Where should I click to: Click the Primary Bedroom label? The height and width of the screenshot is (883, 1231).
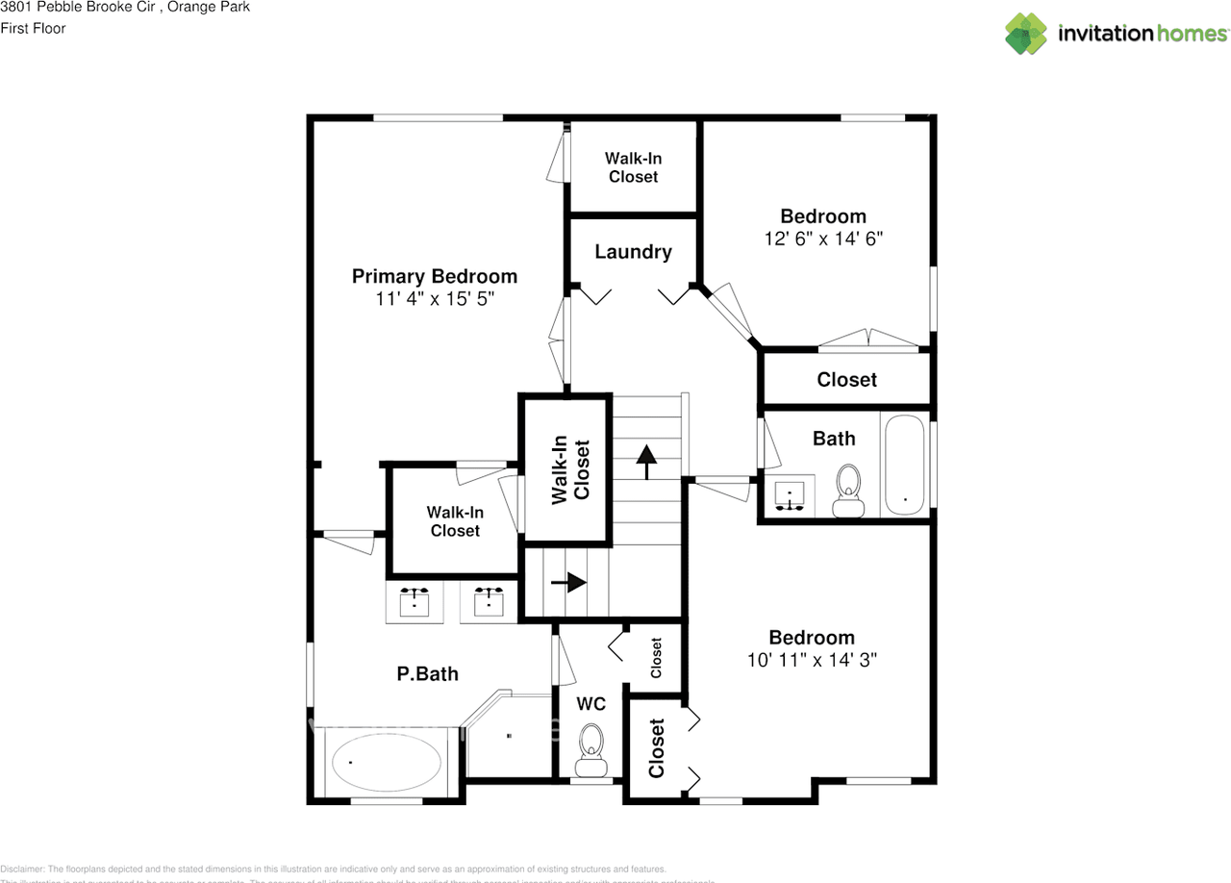[434, 276]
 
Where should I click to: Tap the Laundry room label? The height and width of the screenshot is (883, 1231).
[633, 252]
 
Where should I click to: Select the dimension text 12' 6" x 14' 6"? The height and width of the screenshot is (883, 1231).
[823, 240]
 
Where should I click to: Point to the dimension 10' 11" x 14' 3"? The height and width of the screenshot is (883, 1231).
[812, 661]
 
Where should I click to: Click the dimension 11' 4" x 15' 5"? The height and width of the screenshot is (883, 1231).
[435, 299]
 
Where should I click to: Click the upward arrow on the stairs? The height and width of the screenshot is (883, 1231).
[646, 461]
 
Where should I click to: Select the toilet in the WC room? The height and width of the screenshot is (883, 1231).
[590, 749]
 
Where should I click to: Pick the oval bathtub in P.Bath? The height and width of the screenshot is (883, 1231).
[389, 762]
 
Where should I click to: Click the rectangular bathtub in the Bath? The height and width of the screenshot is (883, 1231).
[905, 466]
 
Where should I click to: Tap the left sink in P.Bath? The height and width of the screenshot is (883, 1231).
[415, 602]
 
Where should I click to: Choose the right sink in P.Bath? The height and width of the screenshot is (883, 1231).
[490, 602]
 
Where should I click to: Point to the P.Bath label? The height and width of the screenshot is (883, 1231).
[427, 674]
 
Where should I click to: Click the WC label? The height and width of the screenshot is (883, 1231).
[590, 704]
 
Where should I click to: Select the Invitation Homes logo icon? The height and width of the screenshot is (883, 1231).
[1026, 34]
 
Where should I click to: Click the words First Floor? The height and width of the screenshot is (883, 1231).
[34, 28]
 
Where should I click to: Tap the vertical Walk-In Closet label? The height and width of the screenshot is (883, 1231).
[568, 469]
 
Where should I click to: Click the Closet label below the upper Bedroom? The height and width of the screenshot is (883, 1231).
[846, 380]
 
